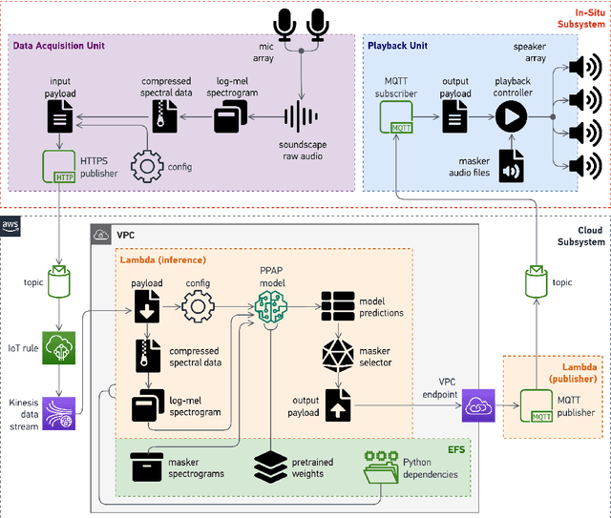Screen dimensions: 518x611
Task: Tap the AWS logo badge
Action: [11, 225]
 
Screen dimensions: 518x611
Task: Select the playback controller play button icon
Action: [511, 116]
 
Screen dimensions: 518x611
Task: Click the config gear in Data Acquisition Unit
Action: [146, 166]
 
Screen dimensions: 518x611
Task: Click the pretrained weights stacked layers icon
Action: [271, 466]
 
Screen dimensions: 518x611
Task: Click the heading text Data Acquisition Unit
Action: [59, 45]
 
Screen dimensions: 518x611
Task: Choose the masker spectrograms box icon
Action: [147, 466]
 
